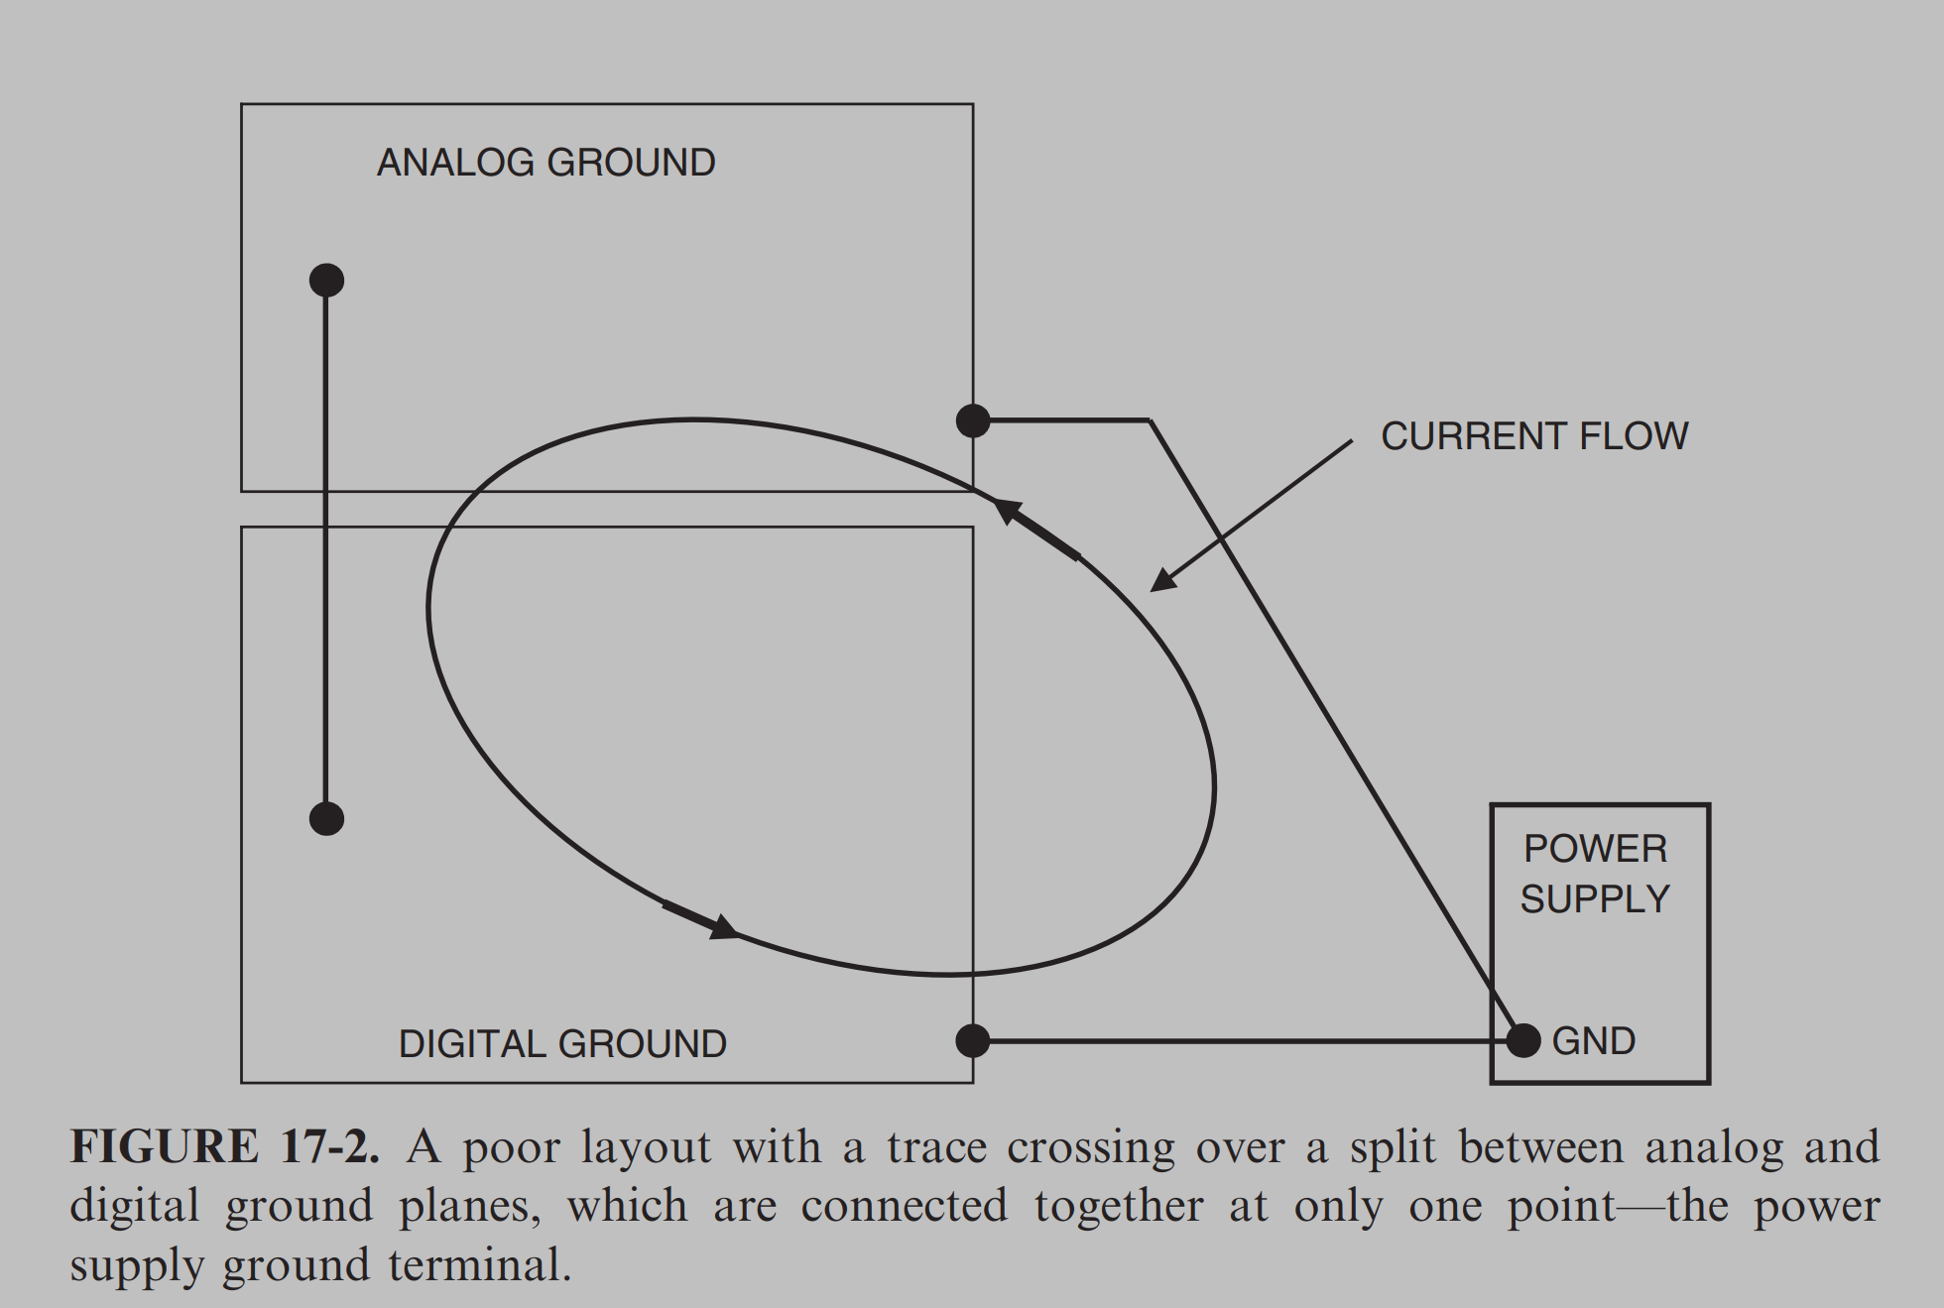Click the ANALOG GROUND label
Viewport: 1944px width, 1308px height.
(546, 163)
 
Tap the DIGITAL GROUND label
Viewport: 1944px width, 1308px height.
(562, 1043)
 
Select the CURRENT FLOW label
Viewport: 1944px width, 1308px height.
(1533, 436)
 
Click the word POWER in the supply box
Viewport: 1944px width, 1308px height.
(1595, 849)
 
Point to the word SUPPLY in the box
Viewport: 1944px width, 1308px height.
(1595, 899)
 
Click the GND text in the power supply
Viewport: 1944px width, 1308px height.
(1593, 1041)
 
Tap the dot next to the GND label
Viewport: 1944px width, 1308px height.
(1522, 1041)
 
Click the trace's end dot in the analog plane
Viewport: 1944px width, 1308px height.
(326, 281)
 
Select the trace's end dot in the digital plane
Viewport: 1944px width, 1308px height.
(326, 819)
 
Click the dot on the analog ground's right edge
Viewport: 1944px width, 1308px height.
(973, 420)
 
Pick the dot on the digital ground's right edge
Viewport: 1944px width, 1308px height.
(973, 1041)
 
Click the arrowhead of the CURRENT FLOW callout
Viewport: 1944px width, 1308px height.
(1161, 582)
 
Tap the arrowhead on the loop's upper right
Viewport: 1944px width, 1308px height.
(1006, 510)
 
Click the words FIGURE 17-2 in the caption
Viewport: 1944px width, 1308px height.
(224, 1147)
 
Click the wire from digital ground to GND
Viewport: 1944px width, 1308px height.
(1240, 1041)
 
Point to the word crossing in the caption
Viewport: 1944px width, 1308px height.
(1090, 1147)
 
